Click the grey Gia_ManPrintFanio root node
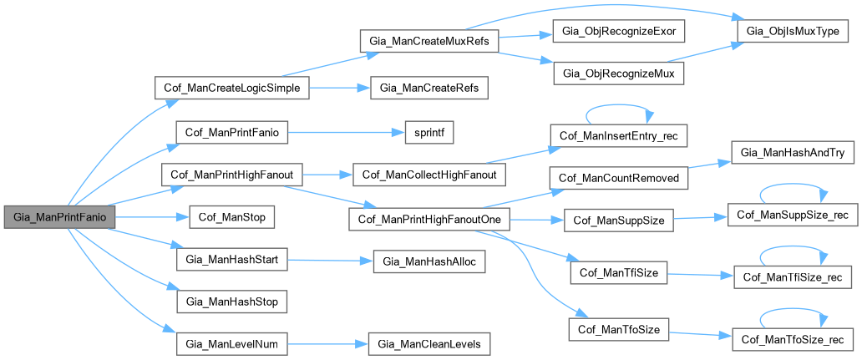58,216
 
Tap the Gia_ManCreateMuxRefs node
428,40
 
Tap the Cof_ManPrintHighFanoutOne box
428,219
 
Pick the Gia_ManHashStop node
232,300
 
